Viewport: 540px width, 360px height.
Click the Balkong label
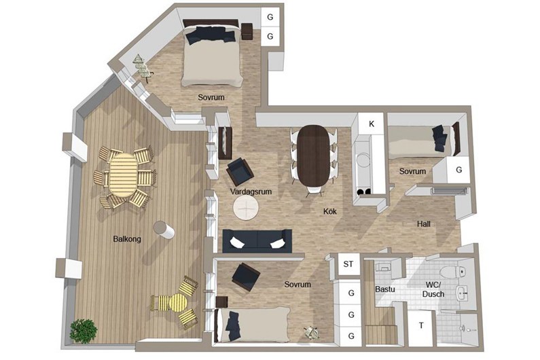pyautogui.click(x=127, y=238)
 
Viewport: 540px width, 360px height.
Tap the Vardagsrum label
pyautogui.click(x=251, y=192)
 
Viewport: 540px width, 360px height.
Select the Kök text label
pyautogui.click(x=330, y=211)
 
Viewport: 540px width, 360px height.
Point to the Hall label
pyautogui.click(x=424, y=224)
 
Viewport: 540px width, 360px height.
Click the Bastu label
pyautogui.click(x=385, y=289)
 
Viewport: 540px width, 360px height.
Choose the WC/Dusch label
pyautogui.click(x=433, y=290)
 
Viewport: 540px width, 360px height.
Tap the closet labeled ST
pyautogui.click(x=348, y=264)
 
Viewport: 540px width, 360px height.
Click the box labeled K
pyautogui.click(x=372, y=124)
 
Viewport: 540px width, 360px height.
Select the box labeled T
pyautogui.click(x=421, y=326)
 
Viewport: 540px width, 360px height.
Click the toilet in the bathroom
pyautogui.click(x=454, y=272)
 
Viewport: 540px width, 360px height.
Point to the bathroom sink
pyautogui.click(x=462, y=294)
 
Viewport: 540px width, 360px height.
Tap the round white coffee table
pyautogui.click(x=246, y=208)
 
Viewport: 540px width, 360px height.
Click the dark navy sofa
pyautogui.click(x=257, y=240)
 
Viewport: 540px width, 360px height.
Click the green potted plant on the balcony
pyautogui.click(x=83, y=331)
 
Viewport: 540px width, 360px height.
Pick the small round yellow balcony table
pyautogui.click(x=178, y=303)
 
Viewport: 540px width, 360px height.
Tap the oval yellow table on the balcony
pyautogui.click(x=122, y=175)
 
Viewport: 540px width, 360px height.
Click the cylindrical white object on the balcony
pyautogui.click(x=164, y=230)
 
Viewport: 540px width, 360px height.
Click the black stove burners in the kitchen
pyautogui.click(x=364, y=192)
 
